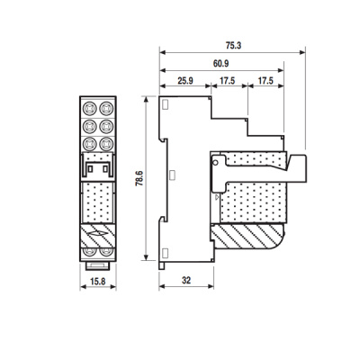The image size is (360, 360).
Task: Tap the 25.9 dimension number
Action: (x=184, y=82)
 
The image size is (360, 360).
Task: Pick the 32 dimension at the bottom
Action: (x=184, y=281)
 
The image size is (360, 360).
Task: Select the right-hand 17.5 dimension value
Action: (x=266, y=82)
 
